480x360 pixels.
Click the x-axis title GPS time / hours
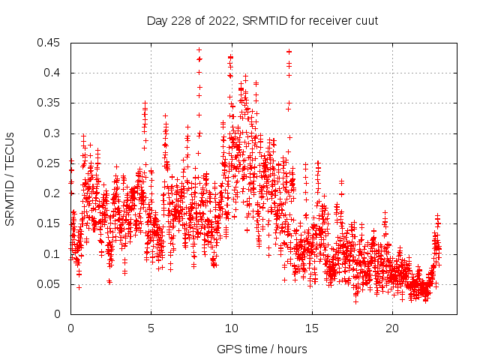262,349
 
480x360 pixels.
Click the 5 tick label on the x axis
151,328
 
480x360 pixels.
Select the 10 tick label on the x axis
232,328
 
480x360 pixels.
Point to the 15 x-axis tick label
312,328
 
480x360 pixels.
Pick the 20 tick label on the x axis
392,328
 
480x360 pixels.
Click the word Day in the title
157,20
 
